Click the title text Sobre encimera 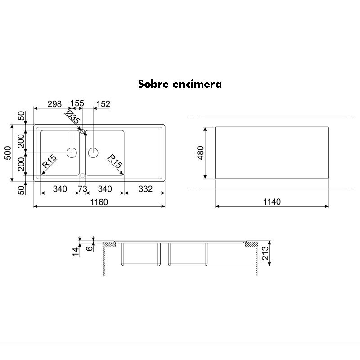point(180,84)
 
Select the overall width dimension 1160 point(99,202)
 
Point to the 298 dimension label point(54,104)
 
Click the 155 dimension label point(77,104)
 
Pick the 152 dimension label point(103,104)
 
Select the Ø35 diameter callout point(73,118)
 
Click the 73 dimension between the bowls point(82,189)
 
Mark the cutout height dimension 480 point(199,153)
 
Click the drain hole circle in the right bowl point(93,152)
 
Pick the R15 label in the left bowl point(49,162)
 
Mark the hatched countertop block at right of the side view point(250,245)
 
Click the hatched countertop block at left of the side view point(108,245)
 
